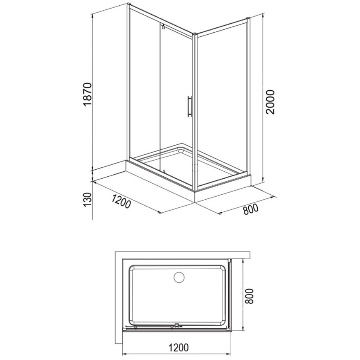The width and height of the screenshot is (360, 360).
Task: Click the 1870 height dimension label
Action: coord(87,94)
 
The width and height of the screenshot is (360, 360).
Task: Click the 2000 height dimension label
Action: coord(270,102)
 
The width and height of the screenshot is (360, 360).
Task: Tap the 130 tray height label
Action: coord(87,199)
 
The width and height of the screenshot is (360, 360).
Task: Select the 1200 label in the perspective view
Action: coord(121,201)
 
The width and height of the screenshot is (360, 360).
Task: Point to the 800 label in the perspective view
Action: coord(251,209)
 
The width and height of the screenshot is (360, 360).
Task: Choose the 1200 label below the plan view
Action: coord(179,347)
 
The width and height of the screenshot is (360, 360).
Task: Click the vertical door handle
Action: coord(189,106)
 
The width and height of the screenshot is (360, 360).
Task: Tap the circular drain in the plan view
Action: coord(179,277)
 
